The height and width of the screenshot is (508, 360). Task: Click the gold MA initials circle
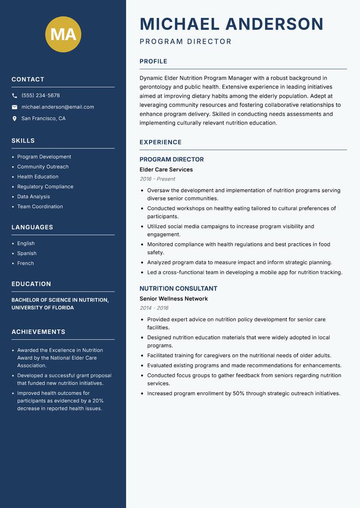point(63,34)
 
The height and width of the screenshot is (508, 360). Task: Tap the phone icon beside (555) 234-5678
point(14,96)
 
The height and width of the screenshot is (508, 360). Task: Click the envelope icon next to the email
point(14,107)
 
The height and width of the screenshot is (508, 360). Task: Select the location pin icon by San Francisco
point(14,119)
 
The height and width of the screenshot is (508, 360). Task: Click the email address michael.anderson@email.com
point(58,107)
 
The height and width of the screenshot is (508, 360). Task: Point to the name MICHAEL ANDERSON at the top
point(232,24)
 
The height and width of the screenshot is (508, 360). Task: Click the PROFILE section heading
point(153,62)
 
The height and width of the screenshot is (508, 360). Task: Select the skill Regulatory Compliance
point(45,187)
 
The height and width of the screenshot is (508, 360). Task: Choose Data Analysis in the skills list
point(34,196)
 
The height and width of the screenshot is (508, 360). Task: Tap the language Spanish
point(27,254)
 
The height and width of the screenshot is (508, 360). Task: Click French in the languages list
point(26,263)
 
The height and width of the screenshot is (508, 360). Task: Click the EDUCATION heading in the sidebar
point(31,284)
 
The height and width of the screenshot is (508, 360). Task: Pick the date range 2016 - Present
point(157,179)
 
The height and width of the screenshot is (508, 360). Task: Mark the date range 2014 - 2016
point(154,308)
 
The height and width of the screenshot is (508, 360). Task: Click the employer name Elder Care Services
point(166,169)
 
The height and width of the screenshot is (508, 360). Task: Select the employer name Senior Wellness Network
point(174,299)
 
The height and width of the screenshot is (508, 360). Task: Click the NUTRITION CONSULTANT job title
point(178,289)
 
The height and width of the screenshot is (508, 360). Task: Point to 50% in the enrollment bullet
point(238,393)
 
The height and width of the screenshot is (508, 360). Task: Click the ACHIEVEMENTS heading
point(38,332)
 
